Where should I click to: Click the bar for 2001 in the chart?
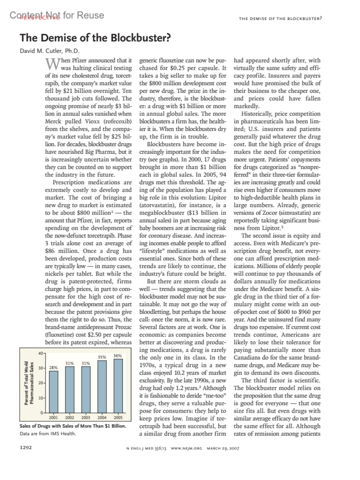(x=54, y=391)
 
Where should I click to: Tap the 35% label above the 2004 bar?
(x=102, y=357)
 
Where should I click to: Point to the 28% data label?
(x=53, y=367)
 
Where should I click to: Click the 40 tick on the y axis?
(x=40, y=353)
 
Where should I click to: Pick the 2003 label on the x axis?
(x=86, y=417)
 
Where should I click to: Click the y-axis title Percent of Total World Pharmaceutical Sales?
(x=29, y=382)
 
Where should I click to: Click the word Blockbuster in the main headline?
(x=140, y=38)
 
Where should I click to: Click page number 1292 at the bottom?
(x=26, y=448)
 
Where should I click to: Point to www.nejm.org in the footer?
(x=186, y=448)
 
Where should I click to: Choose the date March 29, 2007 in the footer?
(x=223, y=448)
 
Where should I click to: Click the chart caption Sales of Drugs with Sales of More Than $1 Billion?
(x=73, y=426)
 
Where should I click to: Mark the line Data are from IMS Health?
(x=48, y=433)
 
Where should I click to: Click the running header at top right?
(x=280, y=19)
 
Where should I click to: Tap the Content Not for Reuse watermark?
(x=57, y=15)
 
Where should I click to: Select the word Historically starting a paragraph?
(x=255, y=114)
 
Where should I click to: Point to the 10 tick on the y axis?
(x=40, y=398)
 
